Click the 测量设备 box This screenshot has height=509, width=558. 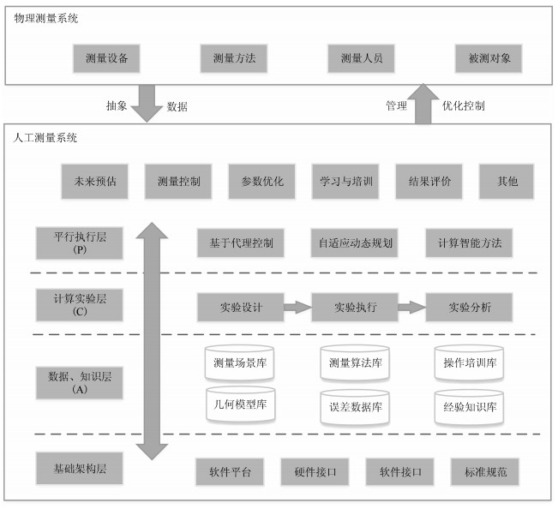(106, 58)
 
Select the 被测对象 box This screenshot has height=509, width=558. (489, 58)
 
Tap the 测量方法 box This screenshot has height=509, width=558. (234, 58)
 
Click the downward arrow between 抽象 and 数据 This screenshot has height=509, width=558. (147, 104)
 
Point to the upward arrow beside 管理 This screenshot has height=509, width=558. (423, 104)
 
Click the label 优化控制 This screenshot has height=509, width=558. (464, 105)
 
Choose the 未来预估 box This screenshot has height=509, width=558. (94, 182)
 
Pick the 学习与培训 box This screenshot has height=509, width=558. (345, 182)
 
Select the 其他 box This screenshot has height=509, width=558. (507, 182)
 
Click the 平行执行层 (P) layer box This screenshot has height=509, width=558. (80, 243)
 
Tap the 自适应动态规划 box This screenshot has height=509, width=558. (355, 243)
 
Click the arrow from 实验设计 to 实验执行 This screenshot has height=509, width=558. (298, 308)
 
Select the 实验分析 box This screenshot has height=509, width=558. (470, 308)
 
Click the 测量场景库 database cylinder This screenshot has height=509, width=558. (239, 362)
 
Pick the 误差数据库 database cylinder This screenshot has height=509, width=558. (355, 407)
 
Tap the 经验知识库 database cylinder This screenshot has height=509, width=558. (469, 407)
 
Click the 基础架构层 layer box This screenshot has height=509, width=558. (80, 469)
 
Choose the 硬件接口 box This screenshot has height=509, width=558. (315, 472)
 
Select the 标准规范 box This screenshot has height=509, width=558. (485, 472)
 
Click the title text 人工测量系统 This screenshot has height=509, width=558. (45, 138)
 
